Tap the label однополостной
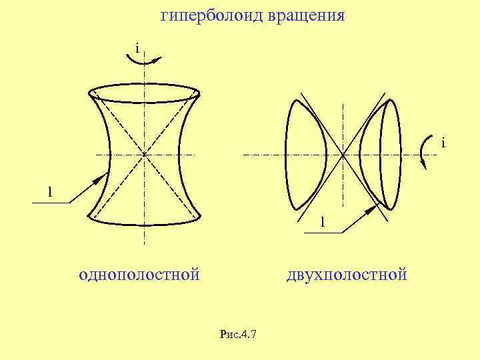(139, 274)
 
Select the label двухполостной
(346, 274)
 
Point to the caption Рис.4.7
(238, 334)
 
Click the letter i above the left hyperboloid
(136, 49)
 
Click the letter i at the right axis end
(442, 143)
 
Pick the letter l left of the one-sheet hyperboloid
(49, 192)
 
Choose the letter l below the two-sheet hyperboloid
(322, 221)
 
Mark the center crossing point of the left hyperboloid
(144, 154)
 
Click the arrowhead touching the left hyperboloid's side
(101, 179)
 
